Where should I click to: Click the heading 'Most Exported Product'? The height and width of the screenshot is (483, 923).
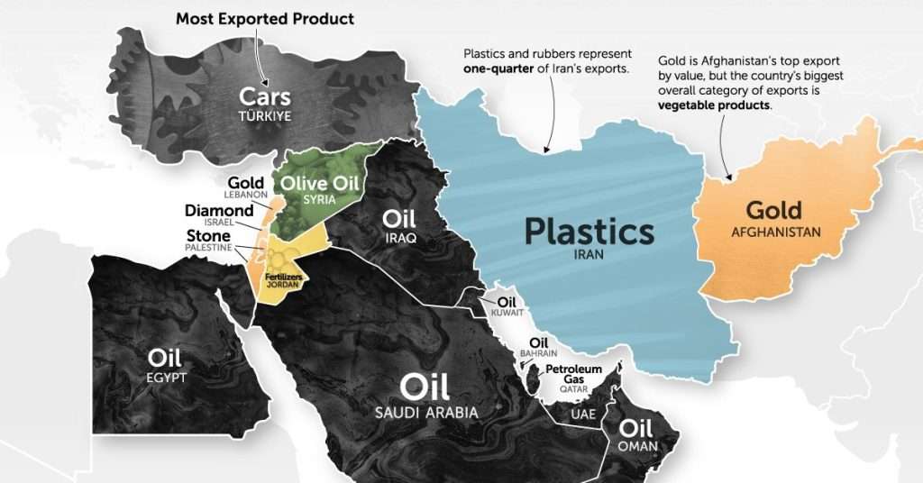coord(264,18)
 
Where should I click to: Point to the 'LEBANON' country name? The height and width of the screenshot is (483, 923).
coord(245,195)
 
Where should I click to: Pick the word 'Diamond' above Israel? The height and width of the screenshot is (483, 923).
coord(219,211)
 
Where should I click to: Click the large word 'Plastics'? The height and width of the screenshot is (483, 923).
coord(589,232)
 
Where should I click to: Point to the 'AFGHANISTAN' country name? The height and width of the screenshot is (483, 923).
coord(776,232)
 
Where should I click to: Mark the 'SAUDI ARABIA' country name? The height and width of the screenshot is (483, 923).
coord(426,413)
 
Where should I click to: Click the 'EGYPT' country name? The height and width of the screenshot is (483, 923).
coord(165,378)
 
